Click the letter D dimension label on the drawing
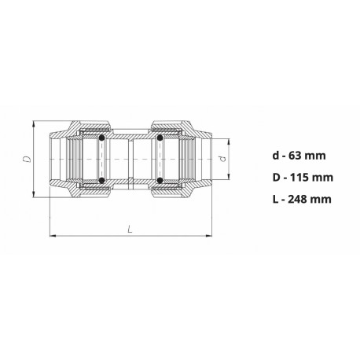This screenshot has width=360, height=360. tap(27, 159)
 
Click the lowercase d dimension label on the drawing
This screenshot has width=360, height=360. tap(222, 160)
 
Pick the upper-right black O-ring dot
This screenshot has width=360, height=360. tap(159, 138)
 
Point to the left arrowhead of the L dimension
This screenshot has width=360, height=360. tap(52, 234)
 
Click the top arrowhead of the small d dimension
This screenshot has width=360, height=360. tap(230, 142)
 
